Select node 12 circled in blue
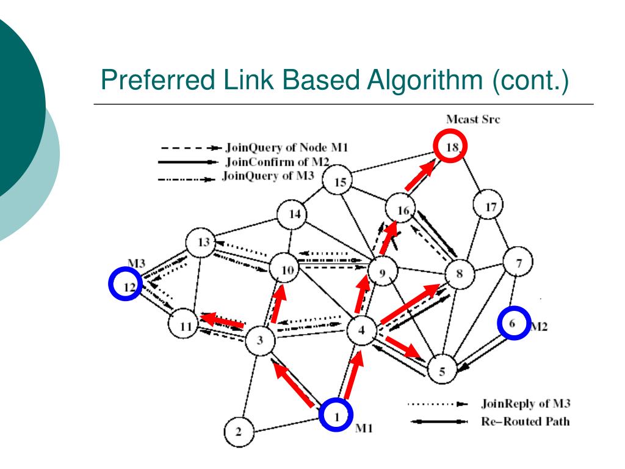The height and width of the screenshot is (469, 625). pos(125,285)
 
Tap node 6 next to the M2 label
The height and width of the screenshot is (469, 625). pos(514,324)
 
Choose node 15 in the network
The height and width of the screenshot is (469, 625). pos(340,181)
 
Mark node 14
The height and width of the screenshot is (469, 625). pos(295,214)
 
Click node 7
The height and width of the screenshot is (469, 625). pos(519,264)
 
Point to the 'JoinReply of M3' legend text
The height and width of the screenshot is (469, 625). pos(526,404)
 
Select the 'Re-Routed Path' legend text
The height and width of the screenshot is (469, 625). pos(526,421)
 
